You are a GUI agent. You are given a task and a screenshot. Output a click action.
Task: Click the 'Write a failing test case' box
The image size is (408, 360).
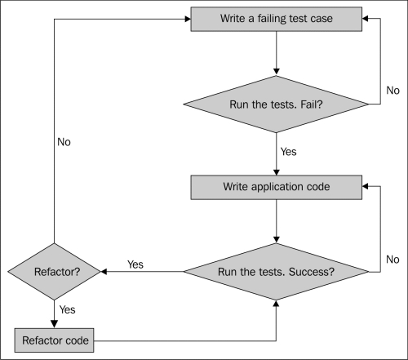point(277,19)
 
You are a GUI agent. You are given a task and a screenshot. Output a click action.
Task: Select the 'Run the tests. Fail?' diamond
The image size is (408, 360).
point(276,104)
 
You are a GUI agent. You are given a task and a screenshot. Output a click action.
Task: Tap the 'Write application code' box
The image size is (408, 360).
point(277,187)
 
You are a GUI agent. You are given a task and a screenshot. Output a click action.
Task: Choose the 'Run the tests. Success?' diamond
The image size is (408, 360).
point(276,272)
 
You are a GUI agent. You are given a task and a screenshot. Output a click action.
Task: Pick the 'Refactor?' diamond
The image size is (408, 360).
point(55,272)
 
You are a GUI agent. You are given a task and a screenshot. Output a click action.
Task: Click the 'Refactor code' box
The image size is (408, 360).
point(54,340)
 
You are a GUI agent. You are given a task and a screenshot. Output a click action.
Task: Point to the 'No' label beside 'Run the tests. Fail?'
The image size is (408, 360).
point(392,91)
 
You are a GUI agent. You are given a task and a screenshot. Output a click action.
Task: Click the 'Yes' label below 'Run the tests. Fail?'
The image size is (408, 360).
point(288,152)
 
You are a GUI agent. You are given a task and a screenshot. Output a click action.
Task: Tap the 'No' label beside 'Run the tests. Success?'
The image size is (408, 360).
point(392,260)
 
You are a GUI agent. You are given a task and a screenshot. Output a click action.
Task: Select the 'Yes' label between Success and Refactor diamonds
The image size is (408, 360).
point(135,264)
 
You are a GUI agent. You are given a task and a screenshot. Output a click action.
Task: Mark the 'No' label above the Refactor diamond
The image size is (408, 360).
point(64,142)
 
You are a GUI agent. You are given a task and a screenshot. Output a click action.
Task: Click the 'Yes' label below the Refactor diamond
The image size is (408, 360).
point(67,309)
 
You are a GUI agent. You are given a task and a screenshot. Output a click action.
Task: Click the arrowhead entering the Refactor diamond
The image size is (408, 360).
point(104,272)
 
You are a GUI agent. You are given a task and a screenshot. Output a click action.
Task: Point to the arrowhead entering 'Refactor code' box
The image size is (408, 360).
point(55,324)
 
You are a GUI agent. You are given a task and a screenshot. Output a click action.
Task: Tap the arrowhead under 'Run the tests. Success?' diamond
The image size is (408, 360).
point(276,304)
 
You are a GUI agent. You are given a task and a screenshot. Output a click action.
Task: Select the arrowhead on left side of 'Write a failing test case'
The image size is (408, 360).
point(188,19)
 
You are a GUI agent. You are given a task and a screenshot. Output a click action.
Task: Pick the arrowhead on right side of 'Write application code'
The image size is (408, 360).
point(366,186)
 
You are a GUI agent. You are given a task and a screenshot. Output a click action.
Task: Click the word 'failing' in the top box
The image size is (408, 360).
point(272,19)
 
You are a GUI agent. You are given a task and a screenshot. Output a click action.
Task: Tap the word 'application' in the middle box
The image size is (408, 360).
point(277,187)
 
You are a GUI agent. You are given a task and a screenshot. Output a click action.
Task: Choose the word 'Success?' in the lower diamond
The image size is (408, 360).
point(312,272)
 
